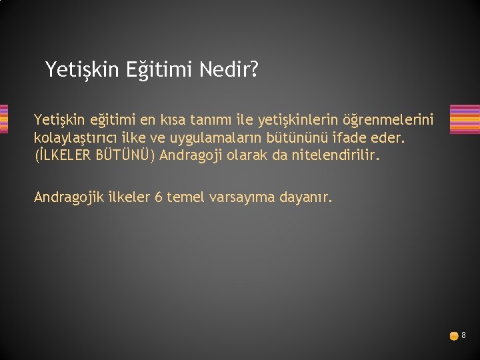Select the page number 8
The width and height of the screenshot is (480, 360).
[x=463, y=335]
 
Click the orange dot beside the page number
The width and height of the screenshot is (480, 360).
[x=453, y=336]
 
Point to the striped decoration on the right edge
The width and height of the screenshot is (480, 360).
[x=465, y=119]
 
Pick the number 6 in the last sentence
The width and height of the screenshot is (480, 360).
[x=158, y=197]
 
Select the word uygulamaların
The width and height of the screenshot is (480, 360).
[x=219, y=138]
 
